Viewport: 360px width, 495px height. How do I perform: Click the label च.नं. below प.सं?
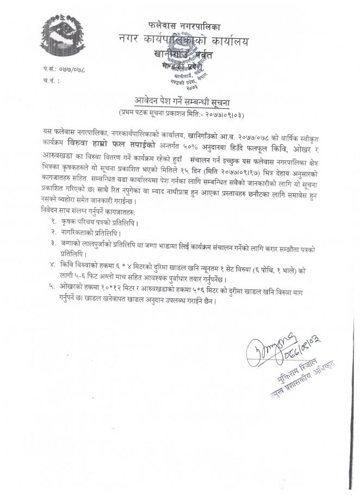click(x=50, y=81)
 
